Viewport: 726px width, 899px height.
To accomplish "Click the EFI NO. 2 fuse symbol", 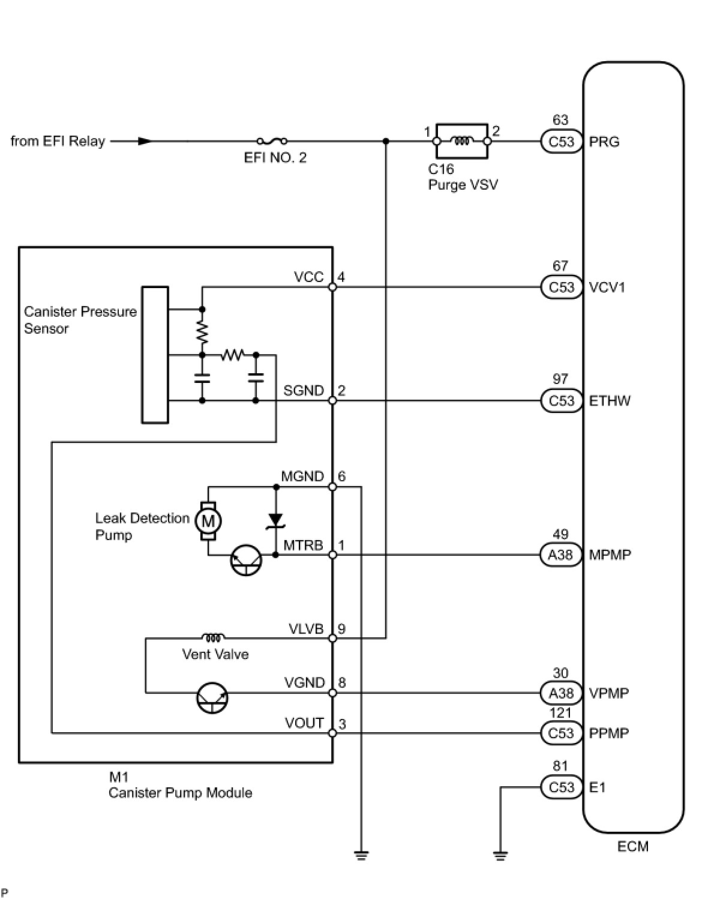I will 272,142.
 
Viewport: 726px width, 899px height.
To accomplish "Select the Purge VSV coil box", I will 461,142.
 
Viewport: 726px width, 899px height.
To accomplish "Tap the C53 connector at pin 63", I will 562,142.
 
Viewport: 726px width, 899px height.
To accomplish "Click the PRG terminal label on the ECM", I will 604,142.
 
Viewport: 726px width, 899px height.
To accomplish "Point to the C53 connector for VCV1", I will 562,287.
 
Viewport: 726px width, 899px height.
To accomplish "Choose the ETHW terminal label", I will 610,401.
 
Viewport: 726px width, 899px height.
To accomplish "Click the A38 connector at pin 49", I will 560,555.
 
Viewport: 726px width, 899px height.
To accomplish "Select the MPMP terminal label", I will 610,555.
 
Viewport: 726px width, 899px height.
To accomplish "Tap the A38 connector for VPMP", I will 560,693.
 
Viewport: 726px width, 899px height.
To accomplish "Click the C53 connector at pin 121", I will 562,733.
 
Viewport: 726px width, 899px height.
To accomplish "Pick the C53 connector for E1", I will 562,787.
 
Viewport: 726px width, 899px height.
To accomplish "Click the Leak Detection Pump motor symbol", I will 208,521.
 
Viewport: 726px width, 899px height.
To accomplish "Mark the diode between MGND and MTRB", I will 276,520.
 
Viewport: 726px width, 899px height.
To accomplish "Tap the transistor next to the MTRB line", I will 246,560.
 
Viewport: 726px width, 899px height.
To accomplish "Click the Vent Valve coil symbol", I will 214,637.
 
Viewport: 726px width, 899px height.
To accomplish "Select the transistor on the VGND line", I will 212,698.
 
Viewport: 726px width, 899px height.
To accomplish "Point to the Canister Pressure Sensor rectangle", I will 155,355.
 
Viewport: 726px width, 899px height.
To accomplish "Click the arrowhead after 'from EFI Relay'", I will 144,142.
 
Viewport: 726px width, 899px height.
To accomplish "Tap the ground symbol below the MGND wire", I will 361,855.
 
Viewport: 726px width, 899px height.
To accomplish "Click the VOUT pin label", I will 304,723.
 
